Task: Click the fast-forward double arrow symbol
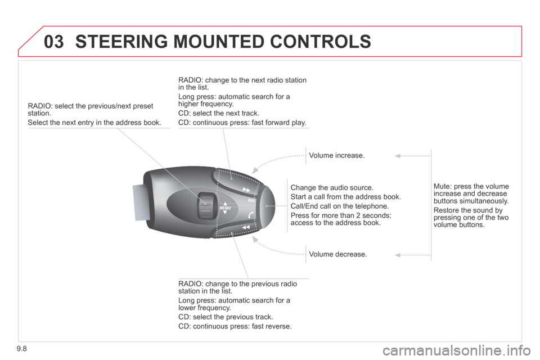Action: tap(246, 190)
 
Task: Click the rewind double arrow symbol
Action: tap(246, 227)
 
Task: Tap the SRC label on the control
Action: tap(252, 200)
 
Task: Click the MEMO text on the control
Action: tap(225, 208)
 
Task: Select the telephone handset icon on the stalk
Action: tap(251, 215)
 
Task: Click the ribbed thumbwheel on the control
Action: tap(206, 205)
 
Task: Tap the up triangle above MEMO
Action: tap(225, 204)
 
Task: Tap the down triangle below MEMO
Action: tap(225, 212)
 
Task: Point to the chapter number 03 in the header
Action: tap(54, 42)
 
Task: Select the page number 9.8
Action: tap(21, 349)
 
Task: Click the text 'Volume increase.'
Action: tap(336, 155)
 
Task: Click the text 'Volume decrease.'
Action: tap(338, 254)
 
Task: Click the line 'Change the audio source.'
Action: tap(332, 188)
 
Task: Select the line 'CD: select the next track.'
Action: tap(219, 113)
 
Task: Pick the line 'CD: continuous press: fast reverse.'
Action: tap(235, 326)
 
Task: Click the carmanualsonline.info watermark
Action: tap(457, 350)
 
